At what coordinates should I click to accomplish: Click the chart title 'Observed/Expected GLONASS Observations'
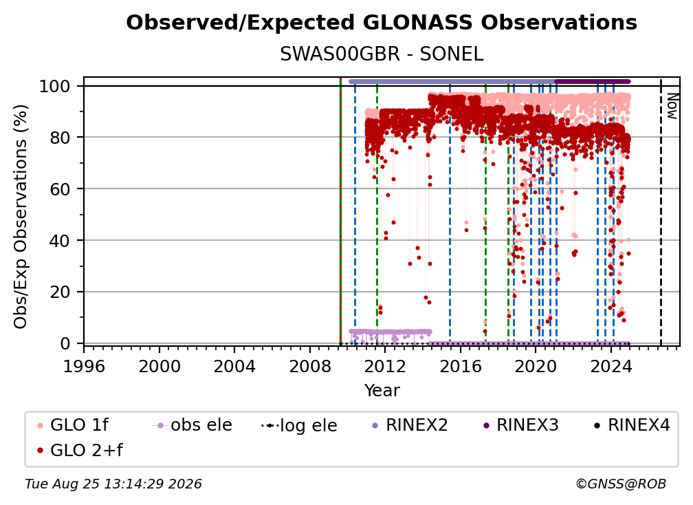pos(382,23)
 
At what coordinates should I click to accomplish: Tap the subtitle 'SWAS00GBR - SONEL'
pos(382,54)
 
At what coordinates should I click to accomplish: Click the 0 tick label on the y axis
pos(65,343)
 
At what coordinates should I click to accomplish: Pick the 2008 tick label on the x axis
pos(310,367)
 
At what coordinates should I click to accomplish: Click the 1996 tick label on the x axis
pos(84,367)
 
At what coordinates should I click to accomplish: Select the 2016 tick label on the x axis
pos(460,367)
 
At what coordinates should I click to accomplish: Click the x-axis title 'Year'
pos(382,391)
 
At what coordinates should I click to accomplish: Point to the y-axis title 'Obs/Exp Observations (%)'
pos(21,217)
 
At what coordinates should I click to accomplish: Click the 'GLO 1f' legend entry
pos(72,425)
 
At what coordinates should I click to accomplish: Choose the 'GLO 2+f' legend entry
pos(80,450)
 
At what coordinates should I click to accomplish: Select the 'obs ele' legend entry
pos(191,425)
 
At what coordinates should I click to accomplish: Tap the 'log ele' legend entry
pos(299,425)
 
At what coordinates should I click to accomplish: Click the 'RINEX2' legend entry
pos(410,425)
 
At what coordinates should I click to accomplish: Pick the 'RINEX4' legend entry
pos(632,425)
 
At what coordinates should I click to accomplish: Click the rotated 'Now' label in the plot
pos(672,106)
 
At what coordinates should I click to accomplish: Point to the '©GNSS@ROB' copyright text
pos(621,484)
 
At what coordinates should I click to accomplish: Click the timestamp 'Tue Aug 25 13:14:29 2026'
pos(113,484)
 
